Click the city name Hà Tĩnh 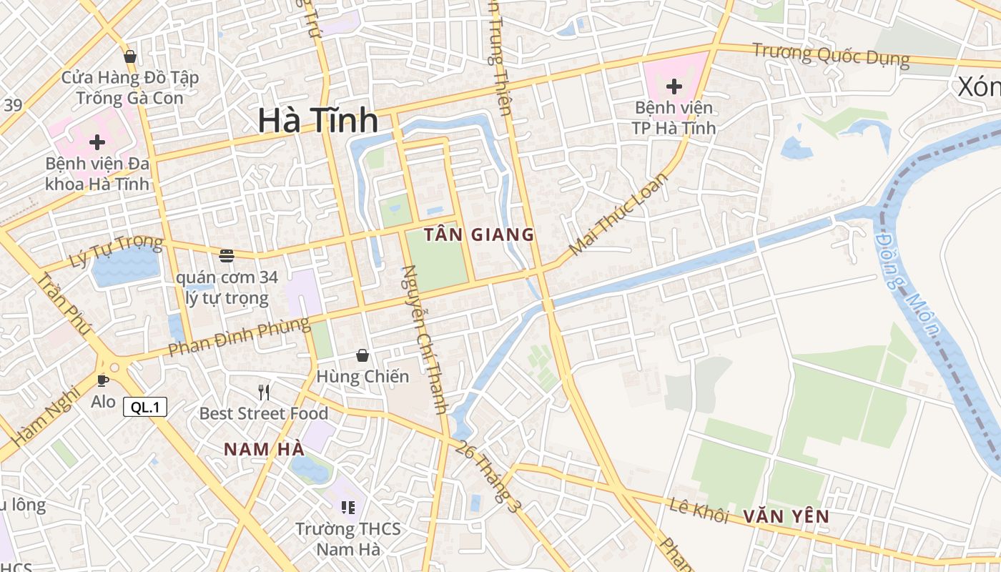[317, 120]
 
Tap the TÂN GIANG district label [479, 235]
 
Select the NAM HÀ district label [264, 449]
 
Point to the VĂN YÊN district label [786, 516]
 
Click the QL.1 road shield [145, 408]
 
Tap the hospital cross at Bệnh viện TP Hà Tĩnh [674, 87]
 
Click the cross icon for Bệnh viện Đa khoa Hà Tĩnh [97, 142]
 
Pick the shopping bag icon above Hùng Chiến [363, 355]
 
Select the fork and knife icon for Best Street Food [264, 392]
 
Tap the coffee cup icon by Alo [102, 380]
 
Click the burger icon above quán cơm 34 [227, 255]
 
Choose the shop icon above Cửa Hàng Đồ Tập [130, 56]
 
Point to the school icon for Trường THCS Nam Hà [348, 508]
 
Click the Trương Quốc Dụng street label [831, 55]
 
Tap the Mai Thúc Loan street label [618, 214]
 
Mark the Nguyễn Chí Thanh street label [425, 340]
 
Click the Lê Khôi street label [699, 511]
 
